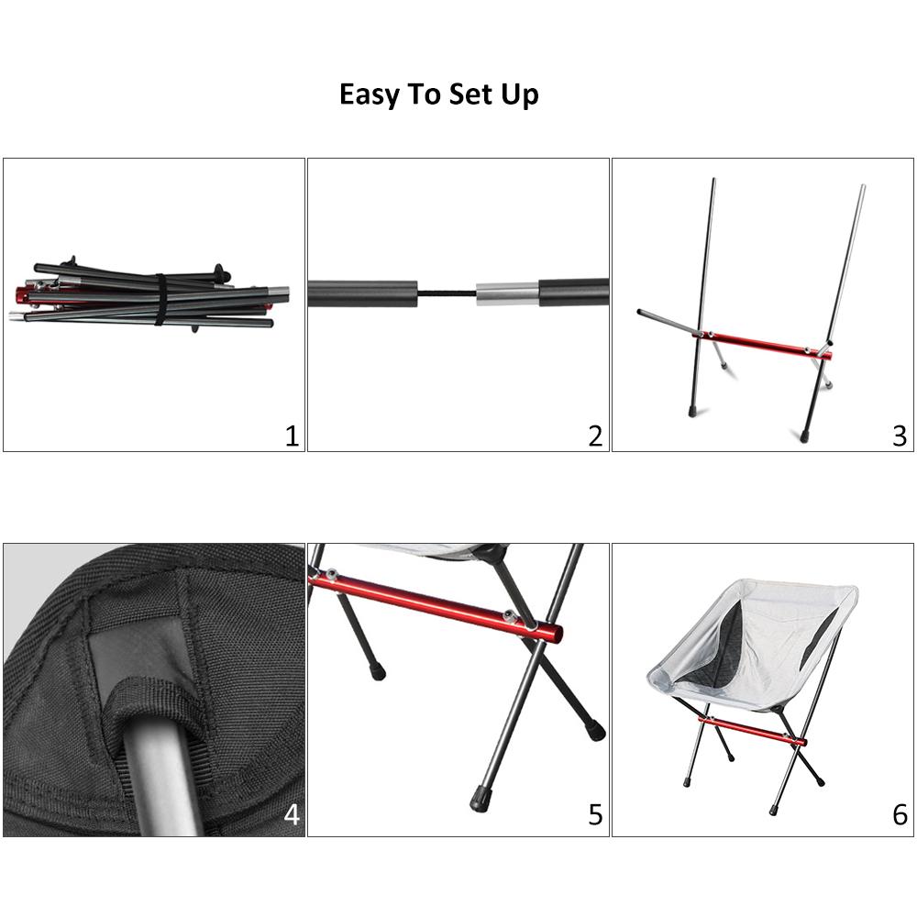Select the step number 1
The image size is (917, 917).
click(x=292, y=436)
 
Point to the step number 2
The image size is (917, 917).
click(x=595, y=436)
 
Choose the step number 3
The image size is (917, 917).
click(x=900, y=436)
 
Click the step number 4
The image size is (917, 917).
click(x=292, y=814)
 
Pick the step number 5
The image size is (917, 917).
click(x=595, y=814)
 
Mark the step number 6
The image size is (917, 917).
click(x=900, y=814)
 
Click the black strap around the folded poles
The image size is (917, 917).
click(x=160, y=299)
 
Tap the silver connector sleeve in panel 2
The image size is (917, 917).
click(x=507, y=293)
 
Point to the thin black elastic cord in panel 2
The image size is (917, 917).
click(x=447, y=293)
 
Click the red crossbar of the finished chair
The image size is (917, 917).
click(x=753, y=731)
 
